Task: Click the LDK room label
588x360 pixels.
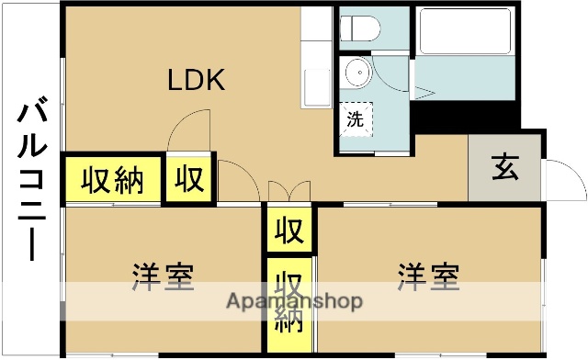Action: click(195, 81)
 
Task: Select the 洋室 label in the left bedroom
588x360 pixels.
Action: click(163, 275)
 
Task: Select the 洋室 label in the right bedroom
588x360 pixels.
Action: click(428, 275)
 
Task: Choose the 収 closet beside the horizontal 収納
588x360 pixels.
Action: click(189, 179)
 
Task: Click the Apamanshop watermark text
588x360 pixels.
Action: click(294, 301)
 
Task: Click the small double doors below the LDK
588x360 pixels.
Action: click(288, 190)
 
